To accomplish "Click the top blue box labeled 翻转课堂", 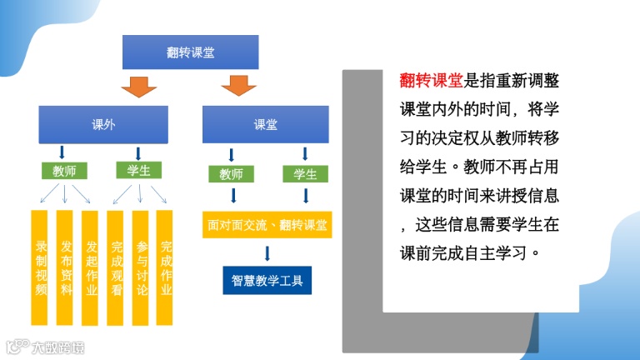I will [x=191, y=52].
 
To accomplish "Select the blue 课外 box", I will [x=103, y=125].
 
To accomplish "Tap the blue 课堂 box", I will [x=266, y=125].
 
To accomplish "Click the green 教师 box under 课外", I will [x=64, y=171].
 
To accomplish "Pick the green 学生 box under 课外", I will [x=138, y=170].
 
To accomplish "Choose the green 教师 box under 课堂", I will [x=231, y=174].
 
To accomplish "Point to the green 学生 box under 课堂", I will [x=305, y=174].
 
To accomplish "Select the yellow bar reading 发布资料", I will [x=66, y=267].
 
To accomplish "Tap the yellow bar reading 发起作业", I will [x=91, y=267].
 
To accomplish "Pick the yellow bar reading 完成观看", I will [x=116, y=267].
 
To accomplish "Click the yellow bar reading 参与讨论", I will [x=141, y=267].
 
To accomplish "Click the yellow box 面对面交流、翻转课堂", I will [x=267, y=224].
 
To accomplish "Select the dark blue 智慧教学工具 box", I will [x=267, y=280].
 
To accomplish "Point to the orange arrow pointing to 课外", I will [x=138, y=86].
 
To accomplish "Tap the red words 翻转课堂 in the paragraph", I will [x=431, y=81].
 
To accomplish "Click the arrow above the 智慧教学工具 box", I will [x=267, y=253].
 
